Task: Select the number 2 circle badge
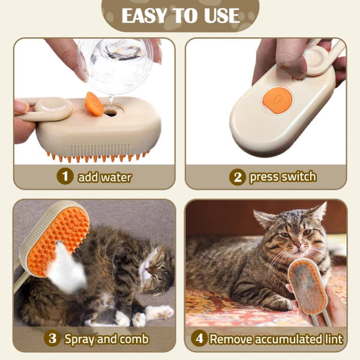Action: click(237, 177)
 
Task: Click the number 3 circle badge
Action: click(53, 338)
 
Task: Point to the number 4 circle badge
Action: click(199, 338)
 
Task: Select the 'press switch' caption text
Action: click(282, 177)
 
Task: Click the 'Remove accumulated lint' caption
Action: click(276, 338)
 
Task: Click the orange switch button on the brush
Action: click(277, 100)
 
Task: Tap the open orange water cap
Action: click(94, 103)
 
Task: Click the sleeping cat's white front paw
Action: click(159, 313)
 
